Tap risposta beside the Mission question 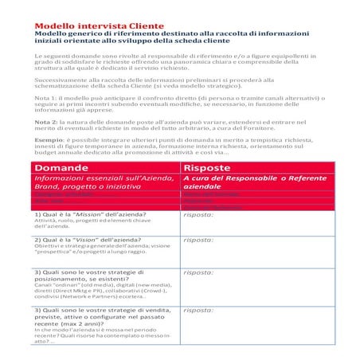tap(198, 215)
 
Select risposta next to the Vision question tap(198, 239)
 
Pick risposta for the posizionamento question tap(198, 272)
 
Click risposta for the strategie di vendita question tap(198, 310)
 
